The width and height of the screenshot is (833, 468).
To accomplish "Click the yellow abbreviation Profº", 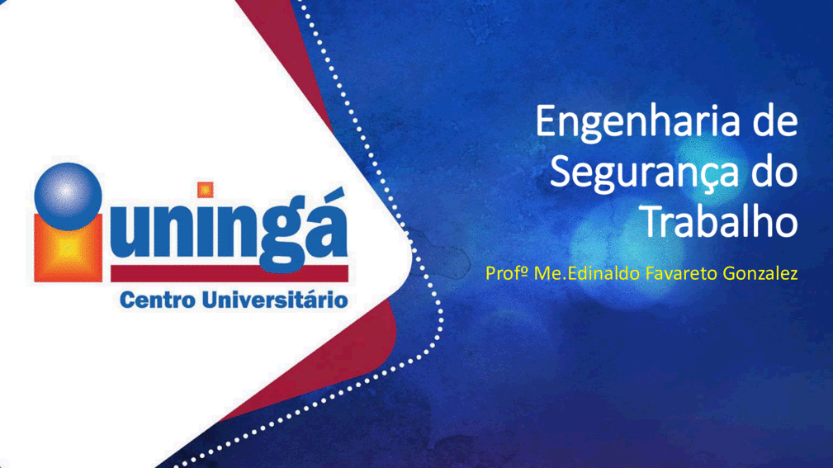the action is click(x=507, y=273).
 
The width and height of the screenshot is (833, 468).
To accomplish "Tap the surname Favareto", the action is click(x=681, y=273).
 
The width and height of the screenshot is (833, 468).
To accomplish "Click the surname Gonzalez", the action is click(x=760, y=273).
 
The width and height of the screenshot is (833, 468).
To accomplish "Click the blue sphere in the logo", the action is click(x=68, y=196).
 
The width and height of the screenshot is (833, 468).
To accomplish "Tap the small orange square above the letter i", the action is click(x=205, y=190).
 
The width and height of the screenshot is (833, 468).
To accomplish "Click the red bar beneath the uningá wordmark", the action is click(x=229, y=273).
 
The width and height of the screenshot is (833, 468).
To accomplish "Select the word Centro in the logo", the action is click(x=158, y=300).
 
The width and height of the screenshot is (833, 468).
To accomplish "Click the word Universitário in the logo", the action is click(x=276, y=300).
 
